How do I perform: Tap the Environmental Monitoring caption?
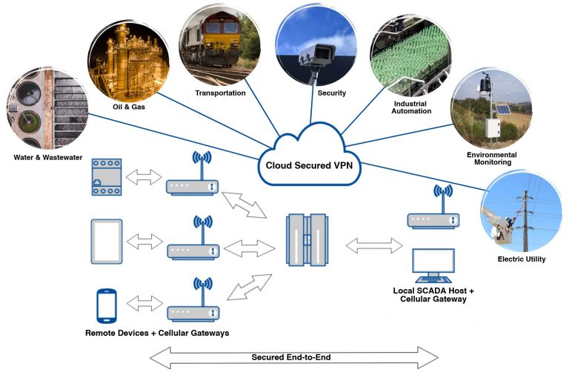pyautogui.click(x=491, y=158)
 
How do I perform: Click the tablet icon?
pyautogui.click(x=107, y=242)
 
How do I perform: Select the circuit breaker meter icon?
pyautogui.click(x=106, y=177)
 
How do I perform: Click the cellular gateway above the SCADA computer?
pyautogui.click(x=433, y=219)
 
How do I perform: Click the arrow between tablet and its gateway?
pyautogui.click(x=144, y=242)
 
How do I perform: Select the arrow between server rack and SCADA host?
pyautogui.click(x=375, y=244)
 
